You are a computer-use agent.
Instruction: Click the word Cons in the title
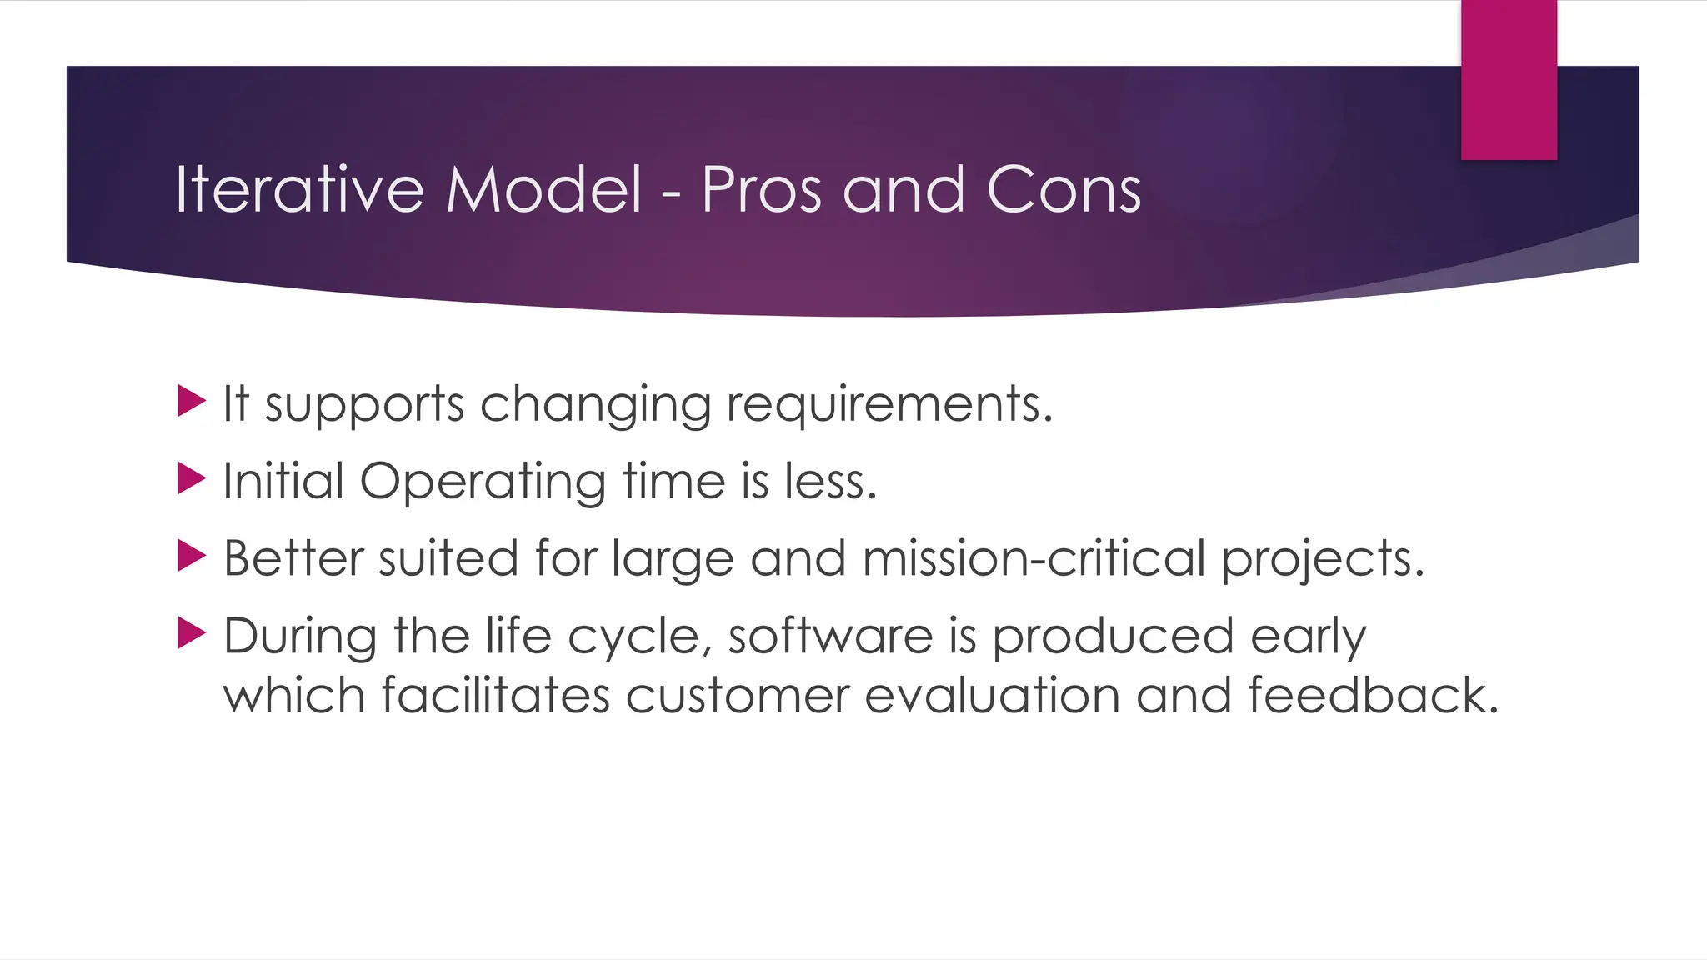click(1063, 190)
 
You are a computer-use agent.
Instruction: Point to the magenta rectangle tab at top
click(1509, 79)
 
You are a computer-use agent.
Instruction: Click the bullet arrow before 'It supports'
click(191, 402)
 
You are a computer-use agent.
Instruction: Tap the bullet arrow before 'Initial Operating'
click(191, 479)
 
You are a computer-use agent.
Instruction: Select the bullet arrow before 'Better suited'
click(191, 556)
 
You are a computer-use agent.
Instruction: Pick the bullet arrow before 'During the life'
click(191, 633)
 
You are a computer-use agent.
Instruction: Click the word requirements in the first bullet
click(889, 405)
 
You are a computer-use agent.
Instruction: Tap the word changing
click(595, 405)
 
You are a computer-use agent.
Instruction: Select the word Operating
click(483, 482)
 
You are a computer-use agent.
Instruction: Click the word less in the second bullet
click(830, 482)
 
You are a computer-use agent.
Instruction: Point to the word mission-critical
click(1034, 558)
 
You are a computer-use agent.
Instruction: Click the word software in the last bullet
click(830, 637)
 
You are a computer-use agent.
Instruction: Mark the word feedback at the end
click(1372, 696)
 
